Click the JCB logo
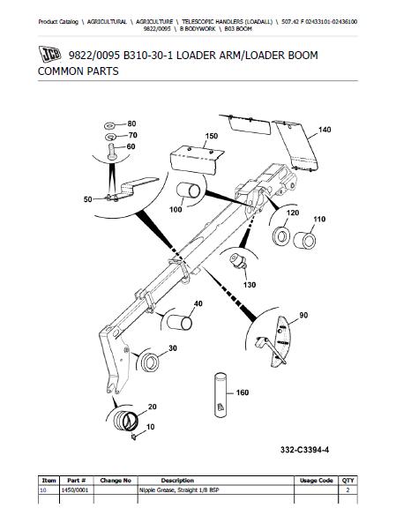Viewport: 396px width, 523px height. pos(49,54)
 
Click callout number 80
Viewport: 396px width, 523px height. pos(131,123)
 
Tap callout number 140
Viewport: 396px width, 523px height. pos(325,130)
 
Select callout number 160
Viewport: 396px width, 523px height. pos(243,392)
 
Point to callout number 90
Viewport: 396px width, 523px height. pos(303,315)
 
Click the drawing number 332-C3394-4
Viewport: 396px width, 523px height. pos(304,450)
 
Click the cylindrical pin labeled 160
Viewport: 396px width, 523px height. pos(220,395)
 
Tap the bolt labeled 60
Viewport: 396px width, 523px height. pos(112,152)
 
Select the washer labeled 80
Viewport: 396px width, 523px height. pos(109,126)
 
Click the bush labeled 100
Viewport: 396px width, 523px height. pos(188,191)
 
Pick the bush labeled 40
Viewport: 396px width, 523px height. pos(180,322)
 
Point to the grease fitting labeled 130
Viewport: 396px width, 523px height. pos(238,260)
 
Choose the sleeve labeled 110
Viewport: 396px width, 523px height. pos(304,240)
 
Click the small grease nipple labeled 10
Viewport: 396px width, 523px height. pos(134,437)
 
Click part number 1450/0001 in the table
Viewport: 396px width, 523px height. pos(75,490)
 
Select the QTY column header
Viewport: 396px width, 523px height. pos(347,481)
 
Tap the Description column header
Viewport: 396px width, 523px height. pos(177,481)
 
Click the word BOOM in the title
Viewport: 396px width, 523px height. pos(303,55)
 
